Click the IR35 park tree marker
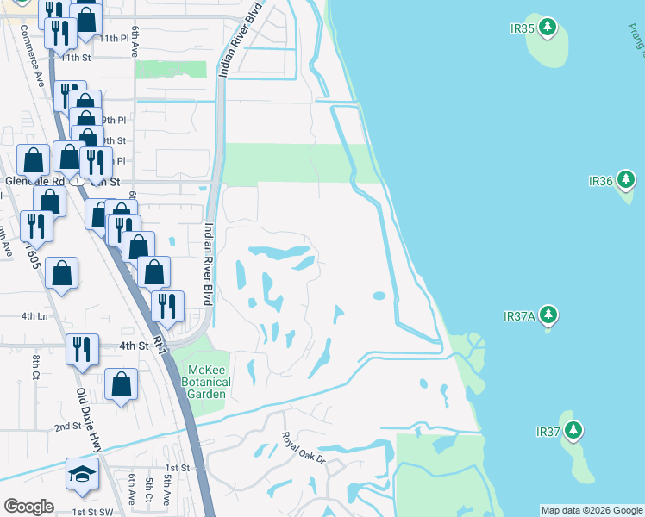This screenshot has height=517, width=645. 547,28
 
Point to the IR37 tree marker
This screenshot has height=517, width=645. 573,430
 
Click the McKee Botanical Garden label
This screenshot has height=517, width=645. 207,382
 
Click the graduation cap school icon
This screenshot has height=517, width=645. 82,474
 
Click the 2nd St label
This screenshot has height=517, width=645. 67,427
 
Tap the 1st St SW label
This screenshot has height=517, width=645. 92,511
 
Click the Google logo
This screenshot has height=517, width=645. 28,507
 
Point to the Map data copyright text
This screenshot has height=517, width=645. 591,510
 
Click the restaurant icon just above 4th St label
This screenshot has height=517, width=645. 82,348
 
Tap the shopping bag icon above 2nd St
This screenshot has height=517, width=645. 122,384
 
